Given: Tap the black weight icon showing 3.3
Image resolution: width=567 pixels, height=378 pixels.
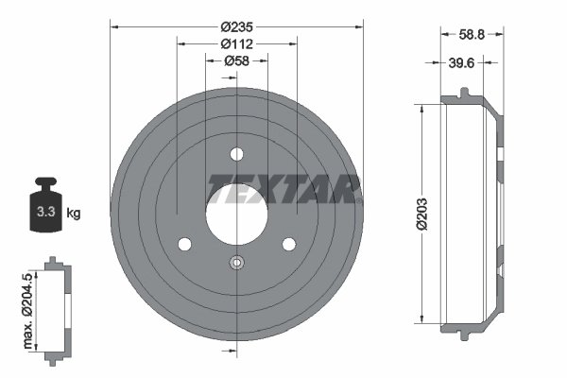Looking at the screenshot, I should pyautogui.click(x=43, y=206).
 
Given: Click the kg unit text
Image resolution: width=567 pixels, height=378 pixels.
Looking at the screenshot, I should pyautogui.click(x=74, y=214).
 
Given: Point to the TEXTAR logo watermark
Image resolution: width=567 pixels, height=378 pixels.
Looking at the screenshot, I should pyautogui.click(x=283, y=189).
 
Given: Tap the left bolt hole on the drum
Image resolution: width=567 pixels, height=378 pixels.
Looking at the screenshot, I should pyautogui.click(x=184, y=244).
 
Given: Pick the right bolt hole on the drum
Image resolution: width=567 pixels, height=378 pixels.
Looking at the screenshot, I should pyautogui.click(x=288, y=244).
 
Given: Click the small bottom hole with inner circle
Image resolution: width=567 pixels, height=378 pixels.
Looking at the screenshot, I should pyautogui.click(x=236, y=264).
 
